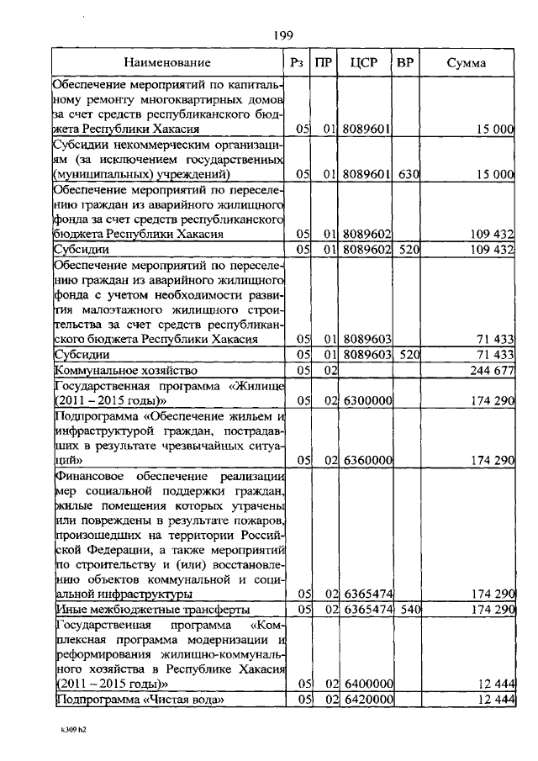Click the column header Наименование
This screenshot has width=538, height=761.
pyautogui.click(x=168, y=62)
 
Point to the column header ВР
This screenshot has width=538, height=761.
pyautogui.click(x=405, y=62)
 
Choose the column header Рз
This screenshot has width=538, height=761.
pyautogui.click(x=297, y=62)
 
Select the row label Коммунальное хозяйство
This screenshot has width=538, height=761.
pyautogui.click(x=125, y=370)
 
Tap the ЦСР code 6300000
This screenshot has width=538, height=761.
pyautogui.click(x=367, y=401)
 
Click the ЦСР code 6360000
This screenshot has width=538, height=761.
pyautogui.click(x=367, y=460)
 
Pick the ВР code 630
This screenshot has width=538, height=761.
pyautogui.click(x=409, y=174)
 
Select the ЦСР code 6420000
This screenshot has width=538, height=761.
pyautogui.click(x=367, y=700)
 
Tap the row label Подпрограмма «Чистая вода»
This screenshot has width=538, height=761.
pyautogui.click(x=140, y=700)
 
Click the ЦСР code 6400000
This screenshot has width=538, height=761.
pyautogui.click(x=367, y=684)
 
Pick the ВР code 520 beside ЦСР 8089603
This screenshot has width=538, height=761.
pyautogui.click(x=409, y=355)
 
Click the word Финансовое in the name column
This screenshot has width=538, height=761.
pyautogui.click(x=87, y=476)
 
